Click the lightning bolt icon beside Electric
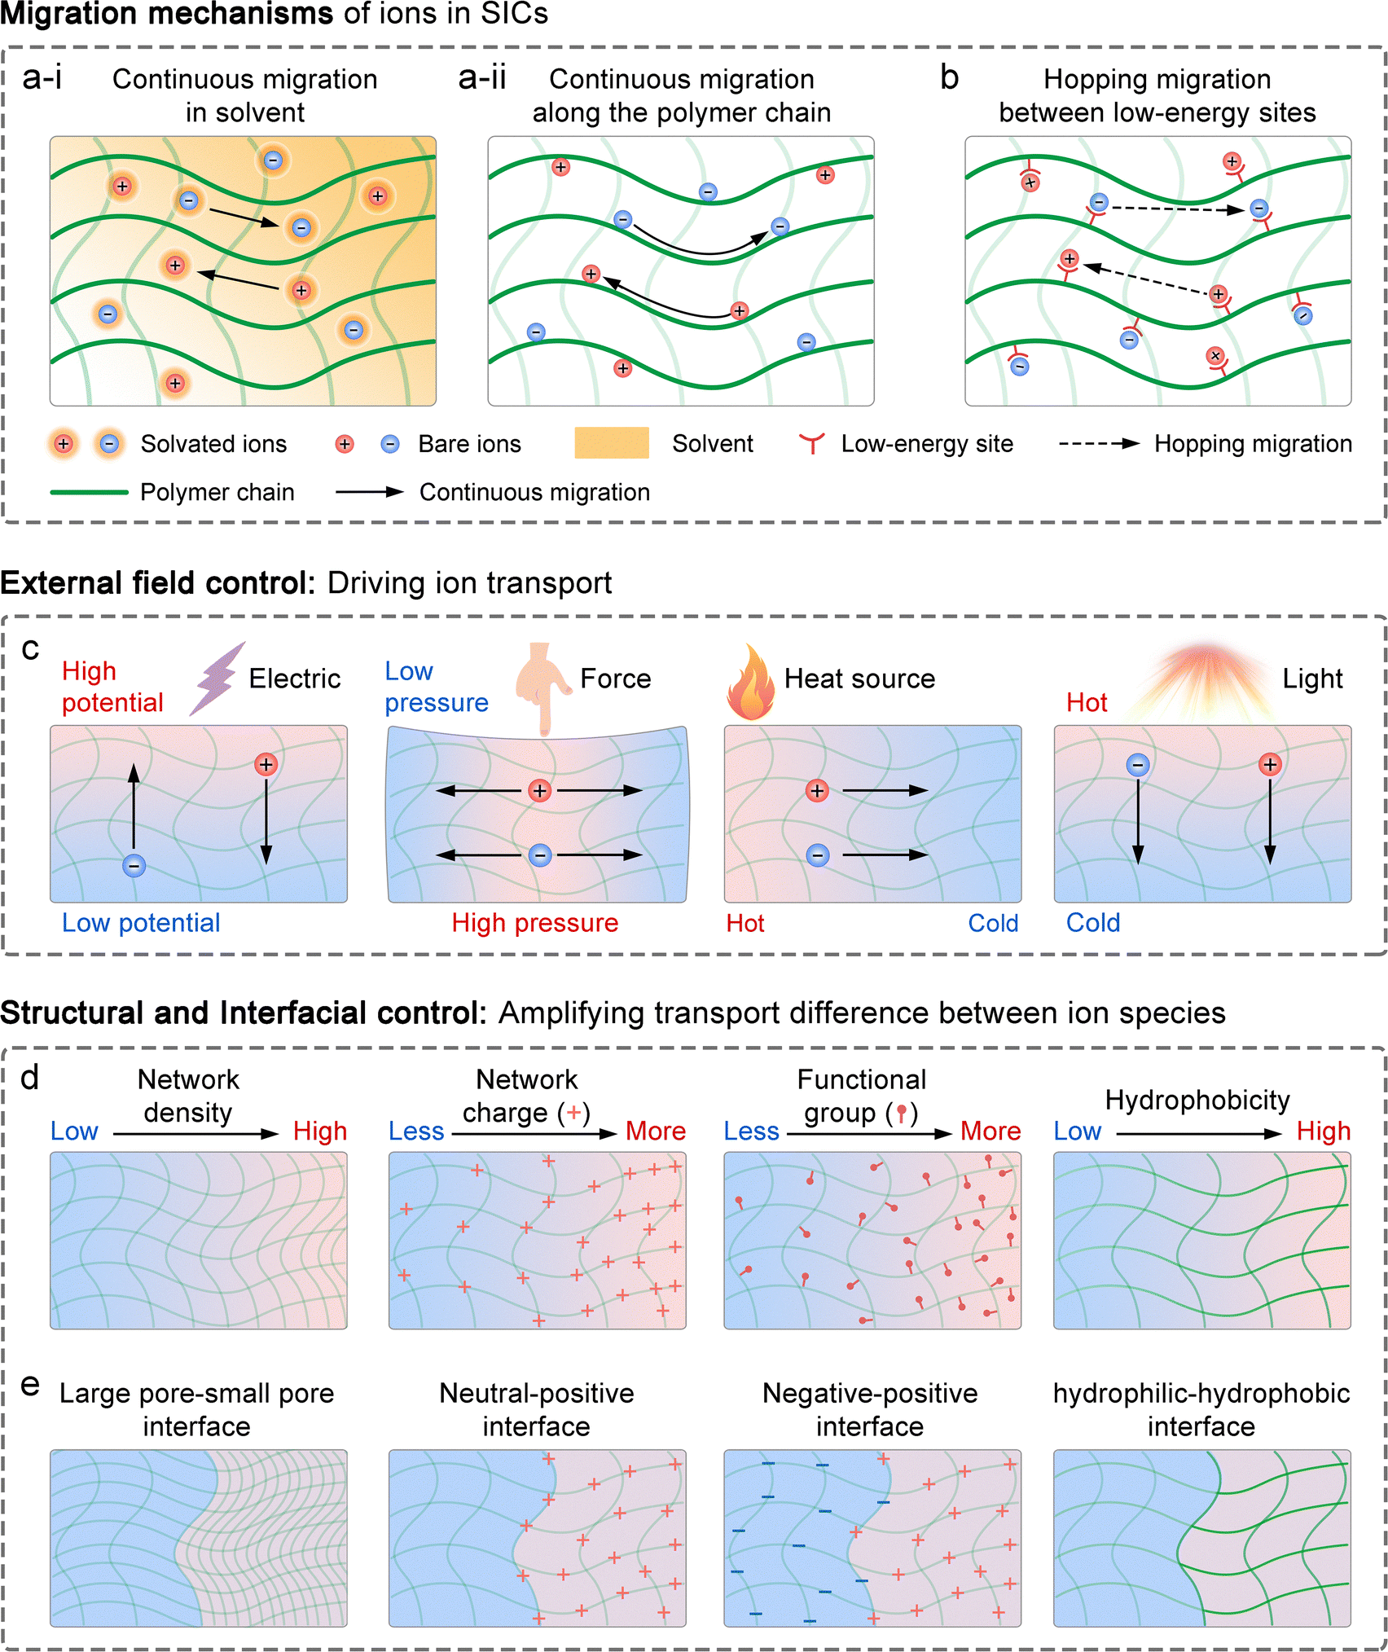tap(216, 679)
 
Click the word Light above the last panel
tap(1311, 679)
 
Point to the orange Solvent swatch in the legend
tap(611, 443)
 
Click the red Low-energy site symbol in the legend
tap(811, 443)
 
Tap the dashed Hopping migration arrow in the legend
tap(1099, 443)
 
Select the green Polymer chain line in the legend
tap(89, 492)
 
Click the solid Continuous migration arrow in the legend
tap(370, 492)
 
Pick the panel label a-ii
tap(482, 78)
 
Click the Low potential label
tap(141, 923)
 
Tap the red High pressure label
tap(535, 923)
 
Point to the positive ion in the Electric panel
tap(266, 764)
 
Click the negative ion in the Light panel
tap(1138, 764)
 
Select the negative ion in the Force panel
tap(540, 855)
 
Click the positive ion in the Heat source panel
tap(817, 790)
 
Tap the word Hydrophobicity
tap(1197, 1101)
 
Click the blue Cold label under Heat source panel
tap(993, 923)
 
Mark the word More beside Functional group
tap(990, 1131)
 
